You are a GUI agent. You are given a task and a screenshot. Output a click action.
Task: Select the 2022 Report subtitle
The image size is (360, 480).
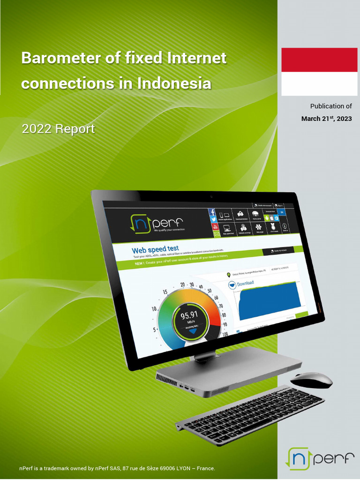(x=58, y=129)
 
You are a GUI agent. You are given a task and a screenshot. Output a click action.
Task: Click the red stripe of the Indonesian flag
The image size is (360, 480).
(x=319, y=60)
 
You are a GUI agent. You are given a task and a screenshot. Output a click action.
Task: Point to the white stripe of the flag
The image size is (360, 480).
(x=319, y=84)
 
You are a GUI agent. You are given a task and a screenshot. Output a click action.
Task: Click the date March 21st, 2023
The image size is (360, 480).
(x=326, y=119)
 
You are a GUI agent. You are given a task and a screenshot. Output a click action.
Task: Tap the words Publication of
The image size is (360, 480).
(x=331, y=106)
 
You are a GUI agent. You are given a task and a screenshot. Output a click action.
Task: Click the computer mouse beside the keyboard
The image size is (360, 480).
(x=311, y=380)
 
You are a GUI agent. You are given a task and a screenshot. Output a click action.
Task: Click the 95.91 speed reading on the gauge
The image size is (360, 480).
(x=189, y=315)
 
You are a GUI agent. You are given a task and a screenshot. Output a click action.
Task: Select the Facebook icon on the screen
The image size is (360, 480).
(x=212, y=212)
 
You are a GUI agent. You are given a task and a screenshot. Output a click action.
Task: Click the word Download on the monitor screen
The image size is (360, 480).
(x=245, y=284)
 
